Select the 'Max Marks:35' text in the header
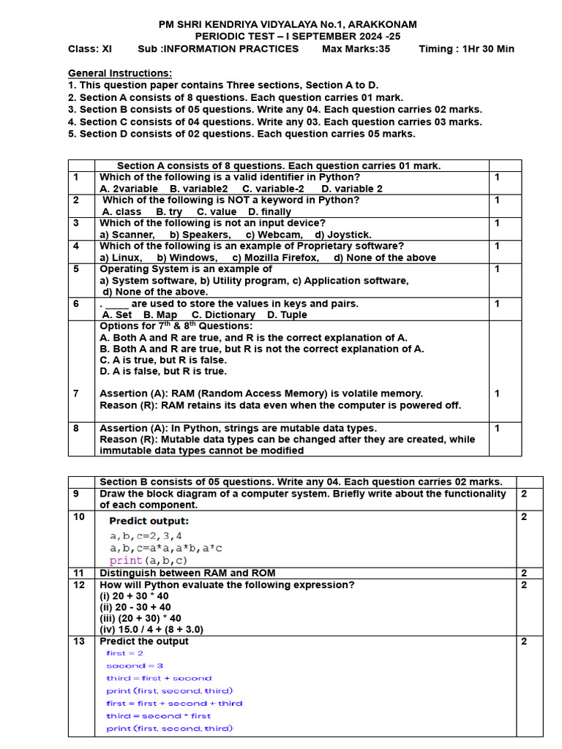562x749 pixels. pyautogui.click(x=356, y=49)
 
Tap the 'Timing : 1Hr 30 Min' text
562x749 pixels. pyautogui.click(x=466, y=49)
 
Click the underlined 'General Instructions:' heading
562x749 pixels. pyautogui.click(x=120, y=73)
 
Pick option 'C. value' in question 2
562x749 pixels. pyautogui.click(x=217, y=212)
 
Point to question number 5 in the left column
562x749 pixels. pyautogui.click(x=75, y=269)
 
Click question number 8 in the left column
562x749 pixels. pyautogui.click(x=75, y=428)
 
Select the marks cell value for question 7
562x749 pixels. pyautogui.click(x=497, y=394)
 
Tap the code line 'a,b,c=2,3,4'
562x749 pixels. pyautogui.click(x=146, y=536)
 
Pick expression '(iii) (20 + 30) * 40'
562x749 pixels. pyautogui.click(x=140, y=618)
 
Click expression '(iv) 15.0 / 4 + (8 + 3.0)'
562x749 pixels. pyautogui.click(x=151, y=629)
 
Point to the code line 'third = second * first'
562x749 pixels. pyautogui.click(x=158, y=716)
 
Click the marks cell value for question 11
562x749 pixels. pyautogui.click(x=523, y=573)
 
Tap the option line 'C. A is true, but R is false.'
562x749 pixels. pyautogui.click(x=163, y=360)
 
